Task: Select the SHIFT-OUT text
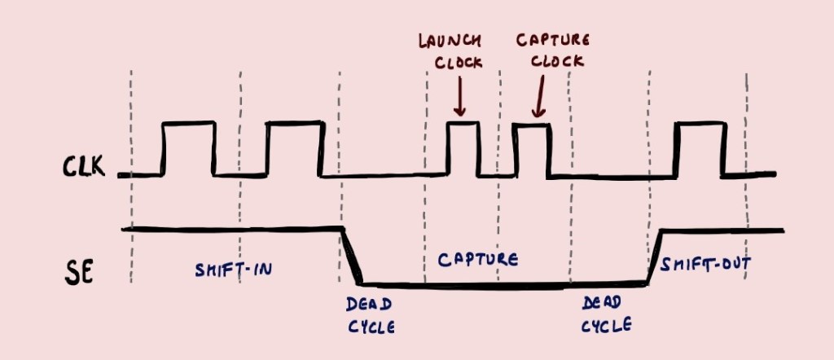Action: click(x=705, y=264)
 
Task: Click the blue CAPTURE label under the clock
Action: click(x=477, y=260)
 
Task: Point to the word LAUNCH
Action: click(x=450, y=40)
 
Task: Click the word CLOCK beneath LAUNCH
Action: click(x=458, y=63)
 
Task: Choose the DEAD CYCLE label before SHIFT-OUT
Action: click(x=606, y=314)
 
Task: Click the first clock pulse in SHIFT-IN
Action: click(x=189, y=124)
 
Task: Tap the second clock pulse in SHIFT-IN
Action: click(x=294, y=124)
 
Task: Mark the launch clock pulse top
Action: click(x=463, y=123)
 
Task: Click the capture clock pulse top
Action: click(x=531, y=124)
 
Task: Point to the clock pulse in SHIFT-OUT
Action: click(x=700, y=124)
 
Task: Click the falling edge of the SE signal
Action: click(x=352, y=256)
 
